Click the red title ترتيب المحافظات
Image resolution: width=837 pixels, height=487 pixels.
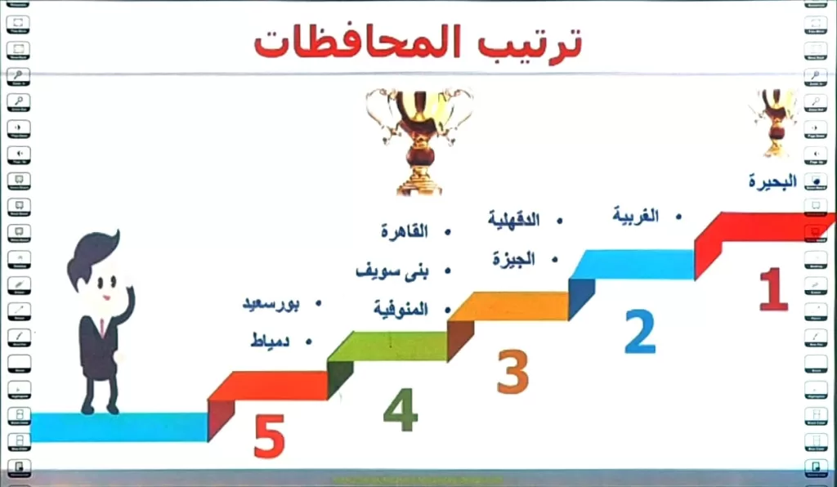point(417,42)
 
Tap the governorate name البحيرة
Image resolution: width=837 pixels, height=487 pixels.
point(772,181)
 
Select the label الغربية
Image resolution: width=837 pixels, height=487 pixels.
point(636,217)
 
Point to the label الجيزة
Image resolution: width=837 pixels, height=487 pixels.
point(513,260)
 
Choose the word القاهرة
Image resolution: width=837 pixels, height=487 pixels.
point(404,231)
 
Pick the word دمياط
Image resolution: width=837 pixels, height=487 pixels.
point(271,341)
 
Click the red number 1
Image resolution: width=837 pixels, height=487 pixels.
point(773,290)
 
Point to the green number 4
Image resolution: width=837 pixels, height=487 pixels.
point(401,410)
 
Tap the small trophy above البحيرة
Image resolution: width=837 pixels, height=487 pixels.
point(774,123)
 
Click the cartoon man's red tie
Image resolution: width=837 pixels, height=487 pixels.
point(102,328)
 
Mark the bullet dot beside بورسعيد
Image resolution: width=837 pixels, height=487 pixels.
point(317,304)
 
